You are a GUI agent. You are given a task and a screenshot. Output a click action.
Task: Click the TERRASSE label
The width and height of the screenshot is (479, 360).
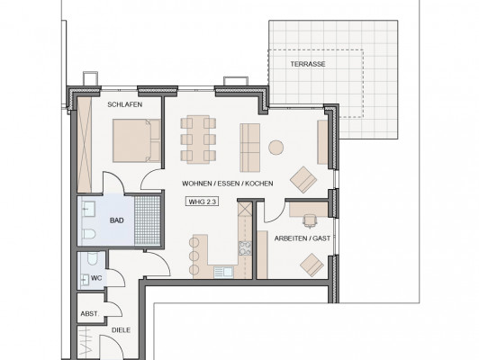[308, 64]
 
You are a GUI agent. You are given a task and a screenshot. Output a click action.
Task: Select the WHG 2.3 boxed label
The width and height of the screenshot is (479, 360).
[202, 202]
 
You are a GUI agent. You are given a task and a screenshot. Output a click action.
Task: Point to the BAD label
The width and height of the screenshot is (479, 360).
[117, 220]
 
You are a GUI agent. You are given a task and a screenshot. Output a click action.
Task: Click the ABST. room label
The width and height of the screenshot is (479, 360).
[90, 313]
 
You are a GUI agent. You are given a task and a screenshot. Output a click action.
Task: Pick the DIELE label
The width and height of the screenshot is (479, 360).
[121, 330]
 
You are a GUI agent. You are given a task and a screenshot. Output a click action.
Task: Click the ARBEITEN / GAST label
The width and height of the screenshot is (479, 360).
[303, 238]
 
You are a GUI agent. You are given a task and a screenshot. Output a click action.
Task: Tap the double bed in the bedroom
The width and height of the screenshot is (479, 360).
[137, 140]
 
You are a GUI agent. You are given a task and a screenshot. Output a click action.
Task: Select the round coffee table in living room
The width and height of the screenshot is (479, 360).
[276, 148]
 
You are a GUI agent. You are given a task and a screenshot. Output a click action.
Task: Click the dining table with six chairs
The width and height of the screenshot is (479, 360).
[198, 139]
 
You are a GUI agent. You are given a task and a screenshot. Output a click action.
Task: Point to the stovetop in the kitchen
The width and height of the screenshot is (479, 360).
[245, 247]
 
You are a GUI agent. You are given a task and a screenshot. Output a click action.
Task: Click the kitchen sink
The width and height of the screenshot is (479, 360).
[223, 272]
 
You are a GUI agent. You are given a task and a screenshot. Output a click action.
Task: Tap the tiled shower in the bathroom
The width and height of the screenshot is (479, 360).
[148, 220]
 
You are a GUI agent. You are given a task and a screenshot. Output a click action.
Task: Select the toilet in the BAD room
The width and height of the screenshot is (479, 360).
[89, 234]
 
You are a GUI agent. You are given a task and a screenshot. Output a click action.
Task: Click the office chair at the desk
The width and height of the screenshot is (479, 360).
[310, 220]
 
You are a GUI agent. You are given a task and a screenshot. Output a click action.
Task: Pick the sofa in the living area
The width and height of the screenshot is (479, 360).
[250, 148]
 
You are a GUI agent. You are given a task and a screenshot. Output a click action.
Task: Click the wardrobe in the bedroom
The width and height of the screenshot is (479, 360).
[85, 145]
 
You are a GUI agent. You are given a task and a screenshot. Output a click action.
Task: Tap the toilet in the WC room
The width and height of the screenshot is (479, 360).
[92, 258]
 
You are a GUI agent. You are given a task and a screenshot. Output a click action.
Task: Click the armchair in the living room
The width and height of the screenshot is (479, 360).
[303, 179]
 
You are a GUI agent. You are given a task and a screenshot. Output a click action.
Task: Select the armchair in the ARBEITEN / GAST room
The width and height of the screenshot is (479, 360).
[312, 265]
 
